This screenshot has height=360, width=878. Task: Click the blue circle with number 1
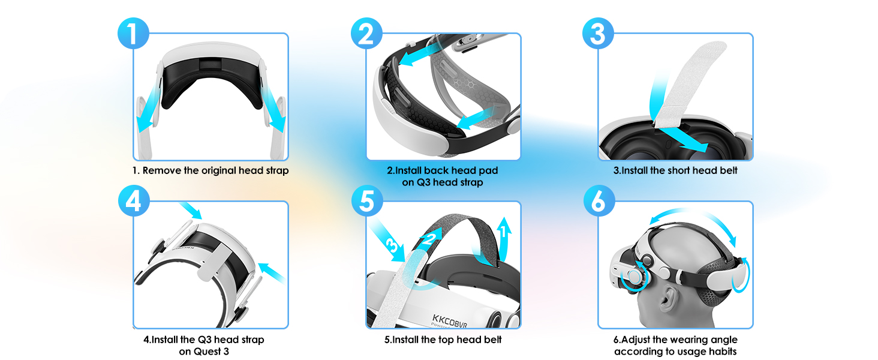pyautogui.click(x=133, y=34)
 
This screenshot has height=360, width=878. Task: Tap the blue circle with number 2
pyautogui.click(x=366, y=34)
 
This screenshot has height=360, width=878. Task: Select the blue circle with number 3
pyautogui.click(x=598, y=34)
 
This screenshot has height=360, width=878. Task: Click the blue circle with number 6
pyautogui.click(x=598, y=202)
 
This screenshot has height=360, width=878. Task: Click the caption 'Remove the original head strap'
pyautogui.click(x=211, y=170)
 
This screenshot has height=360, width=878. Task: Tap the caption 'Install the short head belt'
pyautogui.click(x=675, y=170)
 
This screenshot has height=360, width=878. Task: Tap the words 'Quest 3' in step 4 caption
pyautogui.click(x=204, y=351)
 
